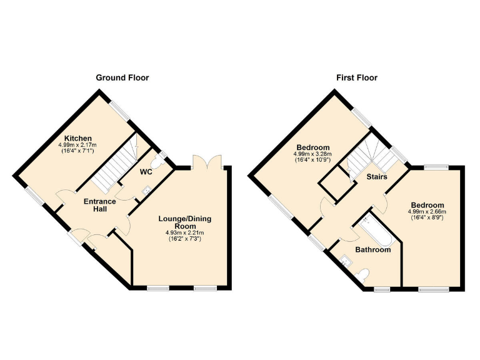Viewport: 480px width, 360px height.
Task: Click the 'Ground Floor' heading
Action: point(122,78)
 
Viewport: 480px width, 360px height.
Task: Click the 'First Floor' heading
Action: point(357,78)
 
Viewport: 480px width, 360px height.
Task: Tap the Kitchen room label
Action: point(78,138)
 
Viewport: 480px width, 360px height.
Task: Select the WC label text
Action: point(146,171)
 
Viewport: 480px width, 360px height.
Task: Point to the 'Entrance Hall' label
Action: point(100,206)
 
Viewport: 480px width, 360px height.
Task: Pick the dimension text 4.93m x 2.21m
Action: point(184,233)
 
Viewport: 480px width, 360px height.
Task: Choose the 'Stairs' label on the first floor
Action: point(377,177)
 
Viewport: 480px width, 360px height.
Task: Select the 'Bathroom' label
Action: point(373,250)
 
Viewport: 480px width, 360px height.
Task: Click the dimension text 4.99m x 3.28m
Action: point(312,154)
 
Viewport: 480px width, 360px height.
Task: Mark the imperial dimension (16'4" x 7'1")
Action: point(77,151)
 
